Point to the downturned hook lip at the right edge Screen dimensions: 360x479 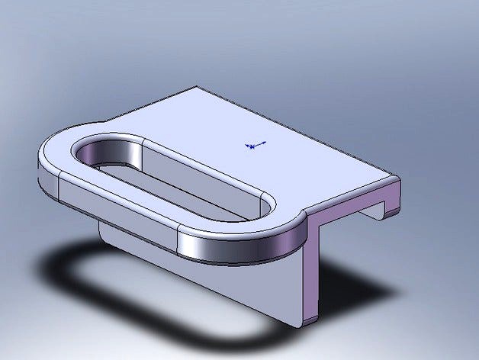[x=391, y=201]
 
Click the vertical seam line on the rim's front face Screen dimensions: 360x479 [x=178, y=243]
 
